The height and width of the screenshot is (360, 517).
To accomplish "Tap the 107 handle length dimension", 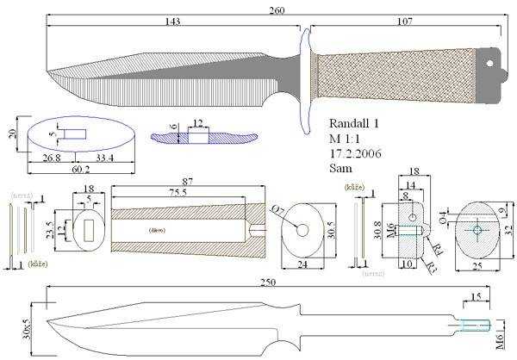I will coord(402,22).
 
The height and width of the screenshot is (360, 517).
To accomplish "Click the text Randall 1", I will coord(357,123).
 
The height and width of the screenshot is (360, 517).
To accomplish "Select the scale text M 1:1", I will coord(347,138).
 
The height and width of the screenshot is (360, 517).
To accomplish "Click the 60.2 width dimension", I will coord(78,169).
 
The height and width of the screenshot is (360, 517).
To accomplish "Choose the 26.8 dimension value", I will coord(53,158).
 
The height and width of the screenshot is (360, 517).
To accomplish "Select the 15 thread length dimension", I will coord(475,299).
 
